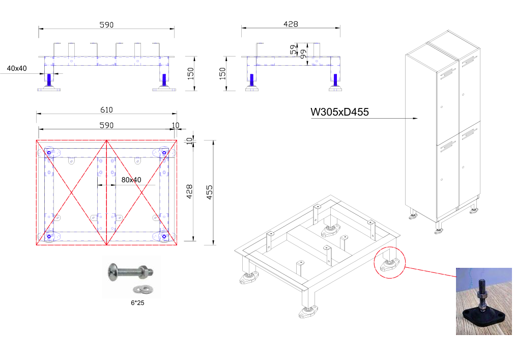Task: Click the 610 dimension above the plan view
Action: coord(106,110)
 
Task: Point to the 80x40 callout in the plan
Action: coord(131,180)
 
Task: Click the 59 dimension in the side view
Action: coord(293,50)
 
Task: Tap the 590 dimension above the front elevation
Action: coord(106,24)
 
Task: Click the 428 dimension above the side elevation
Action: coord(291,24)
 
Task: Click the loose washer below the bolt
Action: coord(137,290)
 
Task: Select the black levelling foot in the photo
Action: coord(481,314)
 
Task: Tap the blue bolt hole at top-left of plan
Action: coord(49,152)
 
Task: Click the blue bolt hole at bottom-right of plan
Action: coord(164,236)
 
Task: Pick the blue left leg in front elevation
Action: coord(49,80)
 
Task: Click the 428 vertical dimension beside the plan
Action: coord(189,191)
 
